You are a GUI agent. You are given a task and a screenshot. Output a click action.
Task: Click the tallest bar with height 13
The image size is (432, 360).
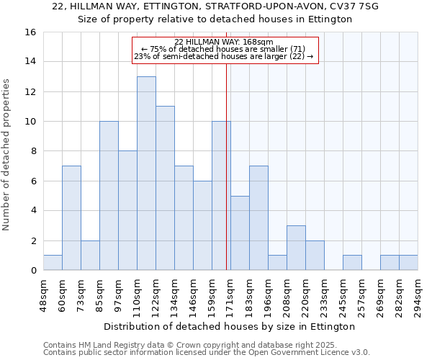[146, 173]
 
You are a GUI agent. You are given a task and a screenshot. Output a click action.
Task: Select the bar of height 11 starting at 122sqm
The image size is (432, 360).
[165, 188]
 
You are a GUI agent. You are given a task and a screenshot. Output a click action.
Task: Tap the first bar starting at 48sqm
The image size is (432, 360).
[53, 263]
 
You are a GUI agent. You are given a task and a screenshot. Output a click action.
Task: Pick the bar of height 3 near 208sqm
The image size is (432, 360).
[296, 248]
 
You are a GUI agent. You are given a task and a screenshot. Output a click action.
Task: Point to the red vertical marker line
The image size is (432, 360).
[227, 166]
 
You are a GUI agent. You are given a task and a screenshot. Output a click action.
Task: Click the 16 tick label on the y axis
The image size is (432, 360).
[31, 32]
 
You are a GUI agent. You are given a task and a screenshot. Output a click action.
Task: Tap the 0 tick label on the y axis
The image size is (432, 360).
[33, 271]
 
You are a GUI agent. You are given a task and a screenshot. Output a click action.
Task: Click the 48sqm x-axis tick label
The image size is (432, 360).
[43, 295]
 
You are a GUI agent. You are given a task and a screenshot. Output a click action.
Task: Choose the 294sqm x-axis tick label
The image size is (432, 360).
[418, 295]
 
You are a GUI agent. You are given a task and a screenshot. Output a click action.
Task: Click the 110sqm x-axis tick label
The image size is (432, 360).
[137, 295]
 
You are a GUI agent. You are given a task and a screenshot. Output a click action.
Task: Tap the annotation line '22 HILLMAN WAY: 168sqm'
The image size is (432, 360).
[224, 42]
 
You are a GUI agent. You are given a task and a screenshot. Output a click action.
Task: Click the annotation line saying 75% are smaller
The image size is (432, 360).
[224, 49]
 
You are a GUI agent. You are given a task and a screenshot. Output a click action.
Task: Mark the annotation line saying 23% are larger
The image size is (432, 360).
[224, 56]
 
